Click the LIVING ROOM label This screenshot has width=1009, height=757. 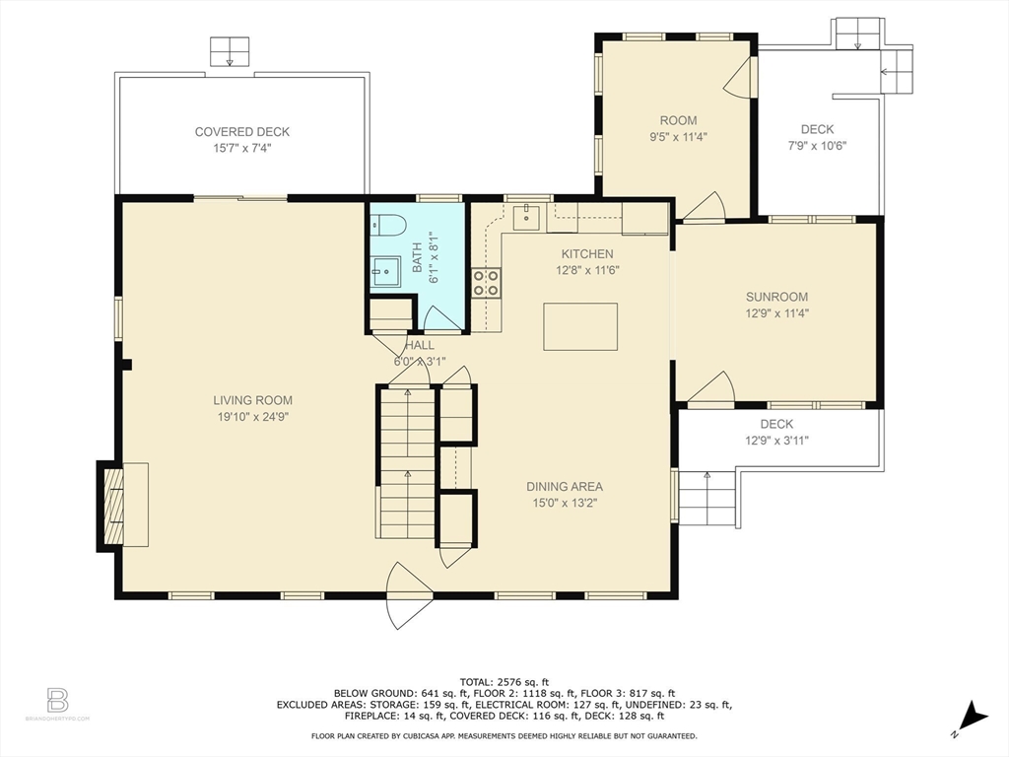coord(253,400)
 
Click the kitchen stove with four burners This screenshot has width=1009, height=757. coord(486,283)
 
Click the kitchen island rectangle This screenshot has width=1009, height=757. coord(580,327)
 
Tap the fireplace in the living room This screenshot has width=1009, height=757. coord(123,506)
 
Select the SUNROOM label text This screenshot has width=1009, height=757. coord(776,297)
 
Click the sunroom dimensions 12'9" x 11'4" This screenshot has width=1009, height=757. coord(776,313)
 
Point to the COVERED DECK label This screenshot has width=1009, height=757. coord(242,132)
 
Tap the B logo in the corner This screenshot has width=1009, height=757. coord(57,701)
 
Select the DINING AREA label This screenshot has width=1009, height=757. coord(565,487)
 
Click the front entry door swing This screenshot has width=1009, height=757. coord(407,594)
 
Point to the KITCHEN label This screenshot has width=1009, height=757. coord(587,254)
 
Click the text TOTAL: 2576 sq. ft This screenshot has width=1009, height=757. coord(504,682)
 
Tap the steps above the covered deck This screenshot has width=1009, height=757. coord(229,51)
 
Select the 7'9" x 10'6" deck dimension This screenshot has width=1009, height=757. coord(817,146)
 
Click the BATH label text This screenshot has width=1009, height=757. coord(417,257)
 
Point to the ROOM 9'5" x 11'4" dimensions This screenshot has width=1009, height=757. coord(678,136)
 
